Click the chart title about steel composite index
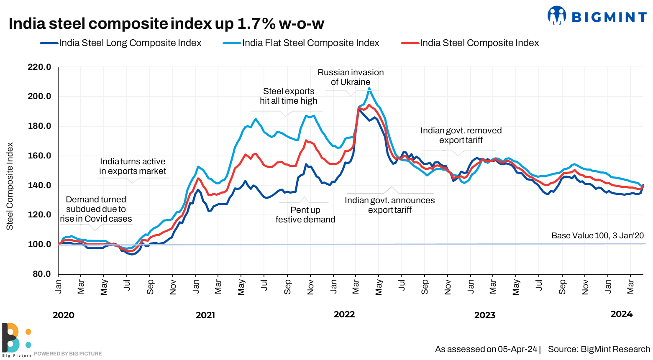coord(166,24)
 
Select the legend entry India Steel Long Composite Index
coord(130,43)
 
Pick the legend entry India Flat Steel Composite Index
coord(310,43)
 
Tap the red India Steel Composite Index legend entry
coord(479,43)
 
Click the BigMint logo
coord(597,16)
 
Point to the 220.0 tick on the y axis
coord(39,67)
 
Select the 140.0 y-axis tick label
coord(39,185)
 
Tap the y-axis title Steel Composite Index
coord(10,186)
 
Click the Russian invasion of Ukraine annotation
coord(351,77)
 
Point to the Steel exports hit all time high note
coord(289,96)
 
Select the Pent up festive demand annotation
coord(305,215)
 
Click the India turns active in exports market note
coord(133,166)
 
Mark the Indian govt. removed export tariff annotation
coord(461,135)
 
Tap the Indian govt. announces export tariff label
coord(390,205)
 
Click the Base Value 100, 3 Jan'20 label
coord(597,236)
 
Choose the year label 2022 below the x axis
coord(344,314)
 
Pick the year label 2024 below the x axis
coord(622,314)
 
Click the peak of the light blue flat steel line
coord(369,88)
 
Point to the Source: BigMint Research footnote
coord(599,349)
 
